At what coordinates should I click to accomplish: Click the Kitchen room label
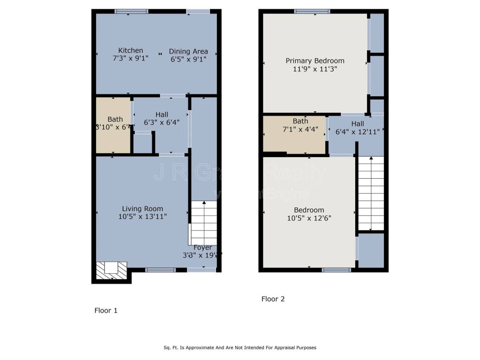point(130,50)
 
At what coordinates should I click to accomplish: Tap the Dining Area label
point(188,51)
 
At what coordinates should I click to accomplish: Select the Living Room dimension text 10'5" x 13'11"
point(142,216)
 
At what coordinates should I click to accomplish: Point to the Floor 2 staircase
point(371,193)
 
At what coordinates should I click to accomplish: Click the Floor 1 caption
point(106,310)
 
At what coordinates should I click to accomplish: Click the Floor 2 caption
point(273,299)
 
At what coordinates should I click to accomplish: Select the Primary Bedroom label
point(315,61)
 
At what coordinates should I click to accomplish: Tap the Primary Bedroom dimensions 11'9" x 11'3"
point(315,69)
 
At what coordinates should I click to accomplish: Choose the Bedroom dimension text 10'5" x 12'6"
point(309,218)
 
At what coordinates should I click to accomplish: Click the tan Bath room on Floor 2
point(294,134)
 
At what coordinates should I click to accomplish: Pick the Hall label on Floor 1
point(160,114)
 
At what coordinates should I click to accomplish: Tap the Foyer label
point(203,248)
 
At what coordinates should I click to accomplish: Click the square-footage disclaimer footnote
point(240,348)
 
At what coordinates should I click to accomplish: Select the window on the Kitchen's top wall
point(131,12)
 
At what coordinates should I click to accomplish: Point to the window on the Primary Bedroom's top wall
point(312,11)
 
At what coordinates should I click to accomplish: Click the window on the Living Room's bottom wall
point(160,270)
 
